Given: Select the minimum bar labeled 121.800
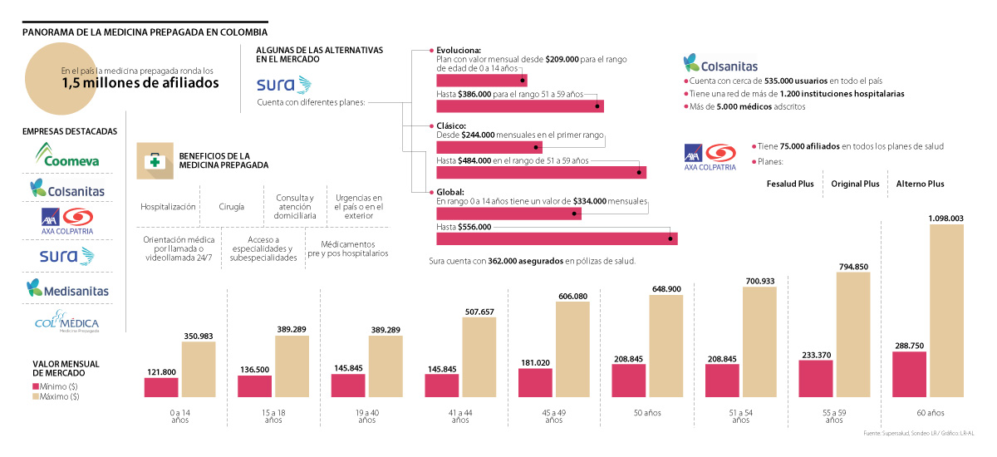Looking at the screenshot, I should pyautogui.click(x=161, y=388).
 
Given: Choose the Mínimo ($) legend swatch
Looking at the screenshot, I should pyautogui.click(x=36, y=386).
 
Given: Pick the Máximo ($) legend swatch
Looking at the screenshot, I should pyautogui.click(x=36, y=396).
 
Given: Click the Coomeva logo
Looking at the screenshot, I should pyautogui.click(x=68, y=155).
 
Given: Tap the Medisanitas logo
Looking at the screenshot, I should pyautogui.click(x=68, y=288).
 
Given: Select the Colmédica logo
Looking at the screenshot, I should pyautogui.click(x=68, y=322).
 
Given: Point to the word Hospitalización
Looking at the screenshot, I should pyautogui.click(x=168, y=207).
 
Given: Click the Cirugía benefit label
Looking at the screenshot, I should pyautogui.click(x=232, y=207).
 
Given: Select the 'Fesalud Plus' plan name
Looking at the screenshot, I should pyautogui.click(x=789, y=184).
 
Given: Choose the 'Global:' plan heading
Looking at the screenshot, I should pyautogui.click(x=450, y=192).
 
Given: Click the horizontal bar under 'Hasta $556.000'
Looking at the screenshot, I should pyautogui.click(x=557, y=238).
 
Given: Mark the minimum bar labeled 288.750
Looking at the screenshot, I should pyautogui.click(x=909, y=375).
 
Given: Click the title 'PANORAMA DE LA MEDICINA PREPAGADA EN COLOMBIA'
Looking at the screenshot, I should pyautogui.click(x=145, y=32).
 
